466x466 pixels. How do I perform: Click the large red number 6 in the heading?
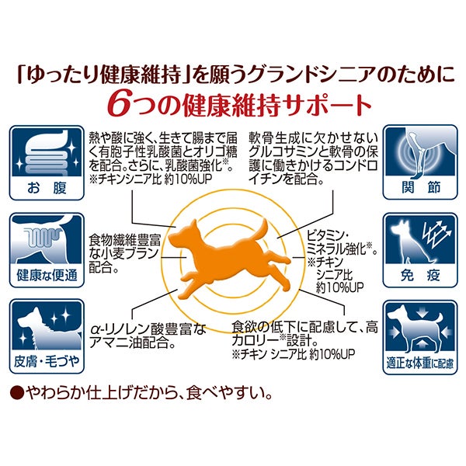point(119,106)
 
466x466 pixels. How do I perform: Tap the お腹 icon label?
point(47,188)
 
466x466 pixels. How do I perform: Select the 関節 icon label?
point(421,187)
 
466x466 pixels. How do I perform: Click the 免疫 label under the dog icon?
point(420,275)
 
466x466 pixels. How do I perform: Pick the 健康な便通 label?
point(47,275)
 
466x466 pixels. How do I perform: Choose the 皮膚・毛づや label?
point(47,362)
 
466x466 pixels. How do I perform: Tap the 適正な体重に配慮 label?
point(420,363)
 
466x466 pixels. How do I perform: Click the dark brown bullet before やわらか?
point(16,393)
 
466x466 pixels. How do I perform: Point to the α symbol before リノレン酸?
point(95,330)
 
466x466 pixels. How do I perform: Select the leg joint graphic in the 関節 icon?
point(419,155)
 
